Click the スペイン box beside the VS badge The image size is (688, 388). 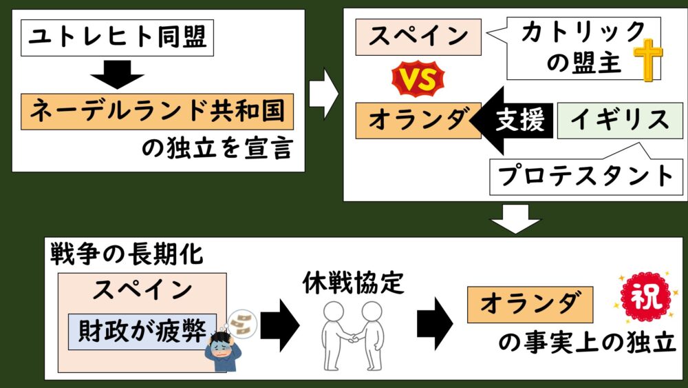[418, 37]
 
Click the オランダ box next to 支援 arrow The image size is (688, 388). [418, 120]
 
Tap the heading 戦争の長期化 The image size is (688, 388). [127, 254]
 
